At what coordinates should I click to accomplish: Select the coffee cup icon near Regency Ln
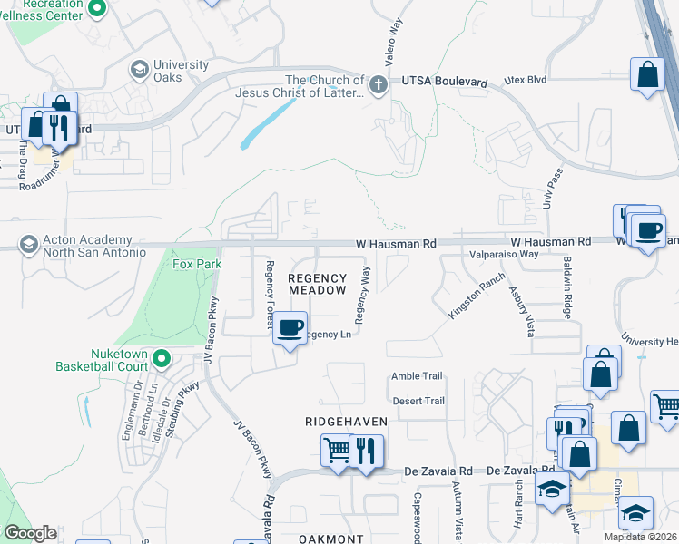click(290, 327)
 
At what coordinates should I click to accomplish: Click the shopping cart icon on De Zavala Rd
click(337, 449)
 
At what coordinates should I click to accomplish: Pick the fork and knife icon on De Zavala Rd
click(366, 451)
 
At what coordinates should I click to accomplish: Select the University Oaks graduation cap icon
click(140, 69)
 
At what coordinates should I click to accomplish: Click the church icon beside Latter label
click(379, 86)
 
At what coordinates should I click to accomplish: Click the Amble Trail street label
click(418, 376)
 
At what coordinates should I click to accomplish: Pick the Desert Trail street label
click(418, 401)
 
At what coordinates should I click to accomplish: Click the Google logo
click(31, 533)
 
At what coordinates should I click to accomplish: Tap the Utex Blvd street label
click(526, 80)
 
